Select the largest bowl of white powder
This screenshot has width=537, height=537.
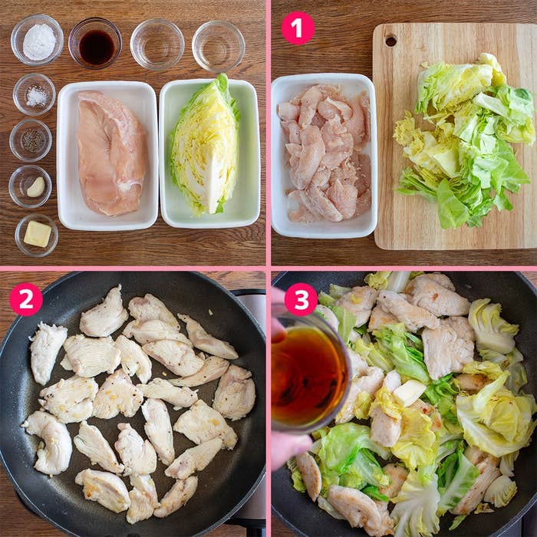[x=38, y=40]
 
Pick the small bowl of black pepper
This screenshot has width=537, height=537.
[x=31, y=140]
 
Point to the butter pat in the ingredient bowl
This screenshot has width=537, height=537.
[x=37, y=233]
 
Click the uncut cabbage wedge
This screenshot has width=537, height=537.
[x=205, y=146]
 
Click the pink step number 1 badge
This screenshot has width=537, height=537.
[x=298, y=28]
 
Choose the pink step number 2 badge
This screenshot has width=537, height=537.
[x=26, y=299]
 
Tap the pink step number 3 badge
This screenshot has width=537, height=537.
[x=301, y=299]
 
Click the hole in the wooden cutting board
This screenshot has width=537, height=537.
[x=391, y=40]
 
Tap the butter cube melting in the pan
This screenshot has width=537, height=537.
[x=408, y=393]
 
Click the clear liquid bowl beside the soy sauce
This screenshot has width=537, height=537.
[x=156, y=44]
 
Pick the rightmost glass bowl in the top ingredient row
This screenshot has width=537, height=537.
[x=219, y=44]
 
